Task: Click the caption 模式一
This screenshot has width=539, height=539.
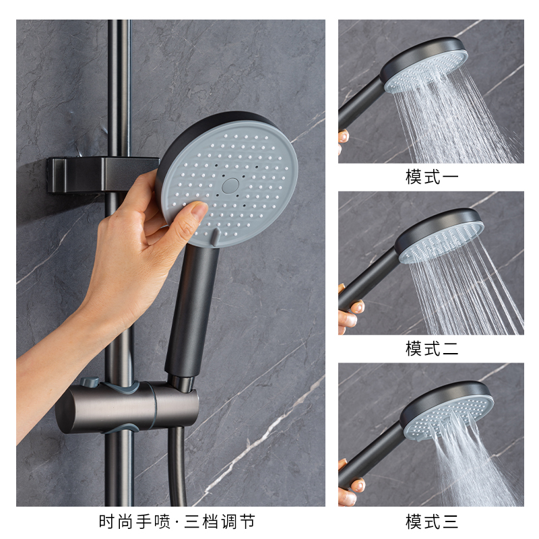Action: [x=431, y=177]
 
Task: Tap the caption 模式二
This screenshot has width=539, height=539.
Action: [x=431, y=349]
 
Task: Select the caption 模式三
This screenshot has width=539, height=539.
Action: [x=431, y=521]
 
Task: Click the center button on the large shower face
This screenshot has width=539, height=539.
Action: [x=229, y=183]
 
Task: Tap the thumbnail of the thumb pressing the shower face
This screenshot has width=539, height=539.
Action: [x=198, y=211]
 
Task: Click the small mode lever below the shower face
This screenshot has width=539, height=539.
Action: [x=214, y=236]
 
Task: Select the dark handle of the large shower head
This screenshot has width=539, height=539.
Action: [x=193, y=310]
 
